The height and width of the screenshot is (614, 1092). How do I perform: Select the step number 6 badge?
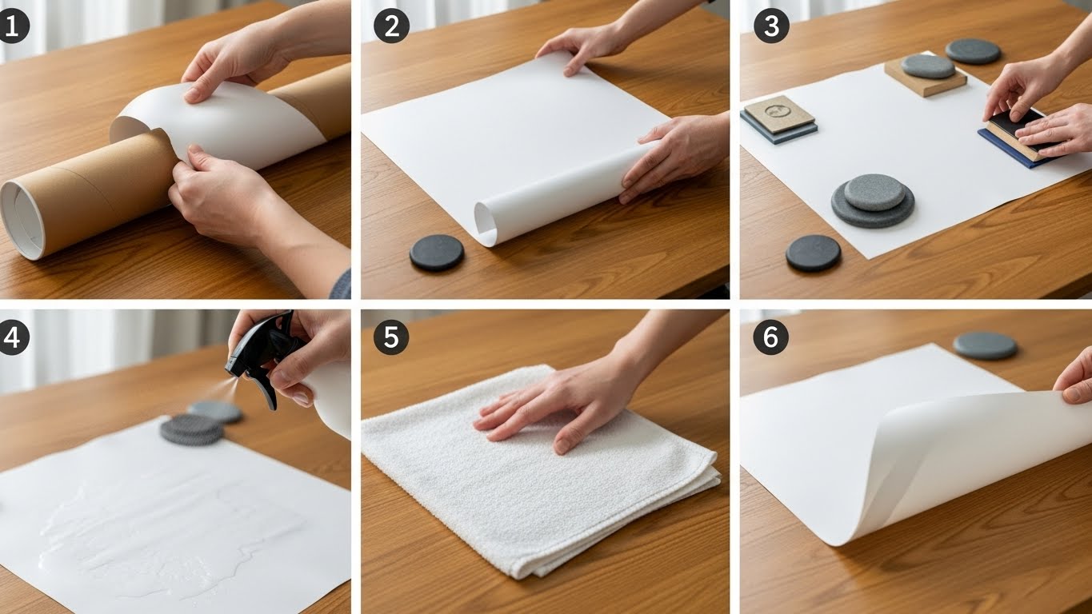770,338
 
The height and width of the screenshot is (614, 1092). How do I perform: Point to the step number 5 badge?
391,338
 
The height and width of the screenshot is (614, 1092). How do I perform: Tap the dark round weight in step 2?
437,253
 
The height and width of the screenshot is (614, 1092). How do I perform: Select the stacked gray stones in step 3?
873,200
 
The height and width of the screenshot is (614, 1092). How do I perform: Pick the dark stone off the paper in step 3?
813,253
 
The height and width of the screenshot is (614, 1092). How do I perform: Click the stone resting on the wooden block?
928,66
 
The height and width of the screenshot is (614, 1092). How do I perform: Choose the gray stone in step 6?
985,345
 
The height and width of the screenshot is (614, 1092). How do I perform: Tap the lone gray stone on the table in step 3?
973,51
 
